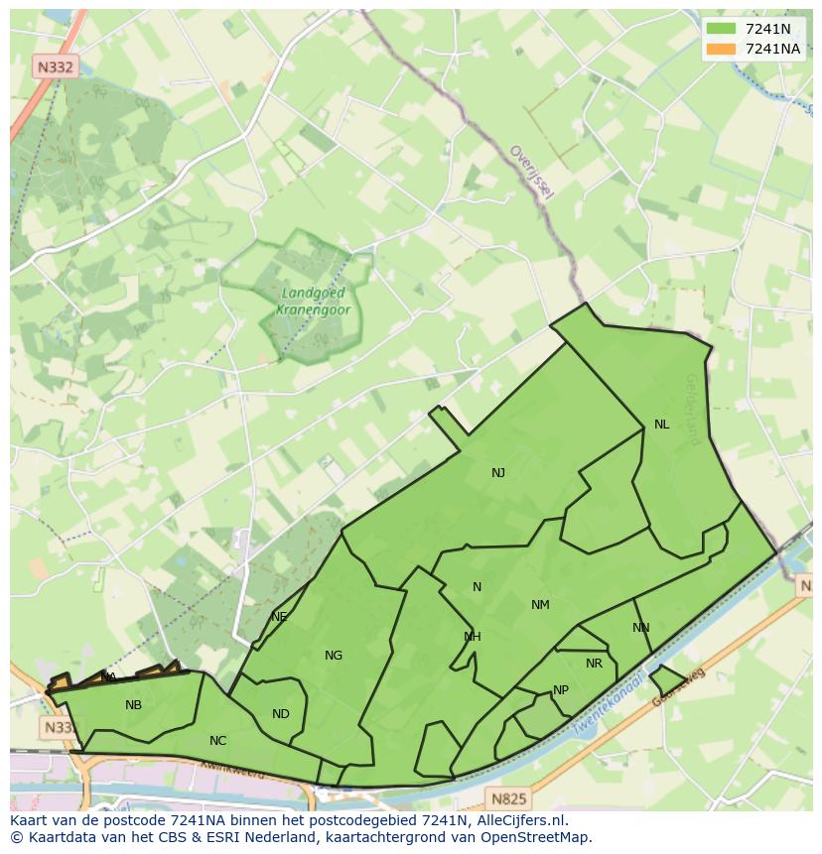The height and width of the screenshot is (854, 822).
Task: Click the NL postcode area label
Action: coord(661,425)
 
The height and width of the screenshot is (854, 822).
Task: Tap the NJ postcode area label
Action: coord(498,473)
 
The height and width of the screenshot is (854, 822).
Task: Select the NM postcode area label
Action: coord(540,605)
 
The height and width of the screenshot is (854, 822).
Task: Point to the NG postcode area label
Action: coord(334,656)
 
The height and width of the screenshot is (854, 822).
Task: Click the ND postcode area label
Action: coord(281,714)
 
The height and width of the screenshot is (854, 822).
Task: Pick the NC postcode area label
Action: coord(218,741)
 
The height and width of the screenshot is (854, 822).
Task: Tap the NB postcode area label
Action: coord(133,705)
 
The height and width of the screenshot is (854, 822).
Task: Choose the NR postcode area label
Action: coord(594,664)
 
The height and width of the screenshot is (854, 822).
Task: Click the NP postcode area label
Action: coord(561,690)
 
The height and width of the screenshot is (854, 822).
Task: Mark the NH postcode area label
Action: coord(473,637)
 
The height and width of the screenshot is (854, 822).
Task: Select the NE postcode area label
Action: coord(279,617)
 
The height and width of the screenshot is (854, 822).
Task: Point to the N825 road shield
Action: coord(509,797)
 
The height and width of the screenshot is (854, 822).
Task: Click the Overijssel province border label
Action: coord(532,172)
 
